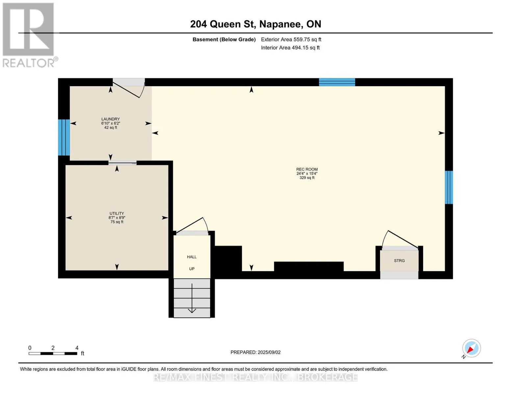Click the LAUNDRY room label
(x=111, y=119)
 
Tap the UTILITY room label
(x=116, y=213)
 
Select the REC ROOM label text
(x=307, y=169)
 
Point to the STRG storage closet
(x=399, y=261)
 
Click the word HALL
(x=192, y=257)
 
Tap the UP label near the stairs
(x=192, y=269)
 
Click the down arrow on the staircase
(x=192, y=298)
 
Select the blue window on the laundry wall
(x=64, y=138)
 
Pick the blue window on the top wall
(x=337, y=82)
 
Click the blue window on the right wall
(x=449, y=187)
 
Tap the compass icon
(x=472, y=348)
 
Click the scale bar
(x=53, y=354)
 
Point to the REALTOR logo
(x=29, y=35)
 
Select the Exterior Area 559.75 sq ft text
(x=291, y=39)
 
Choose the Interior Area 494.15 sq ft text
(x=291, y=48)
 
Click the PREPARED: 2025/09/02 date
(x=255, y=352)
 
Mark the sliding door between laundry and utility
(x=122, y=163)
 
